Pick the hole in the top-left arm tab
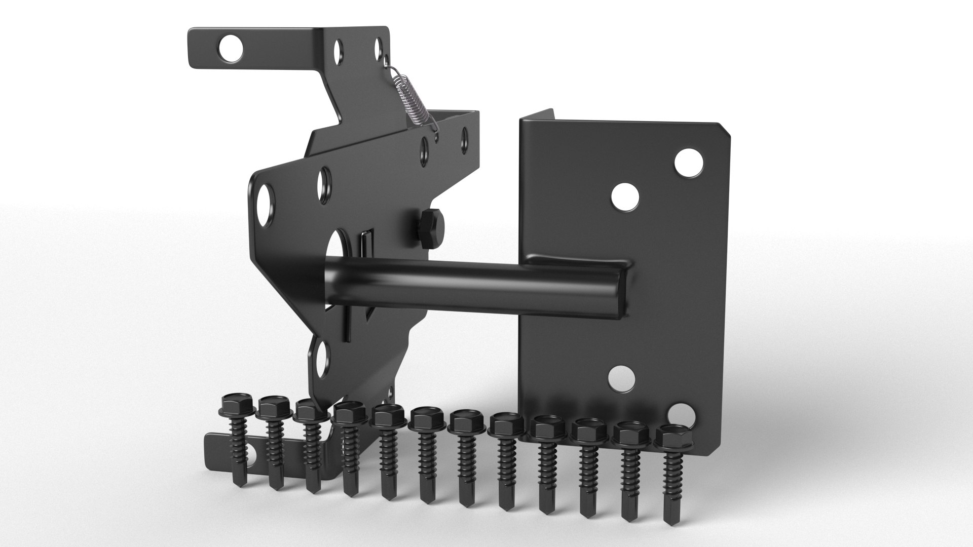(231, 49)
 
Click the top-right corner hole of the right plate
(690, 163)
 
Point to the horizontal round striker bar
(456, 286)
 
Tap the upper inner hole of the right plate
(624, 197)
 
